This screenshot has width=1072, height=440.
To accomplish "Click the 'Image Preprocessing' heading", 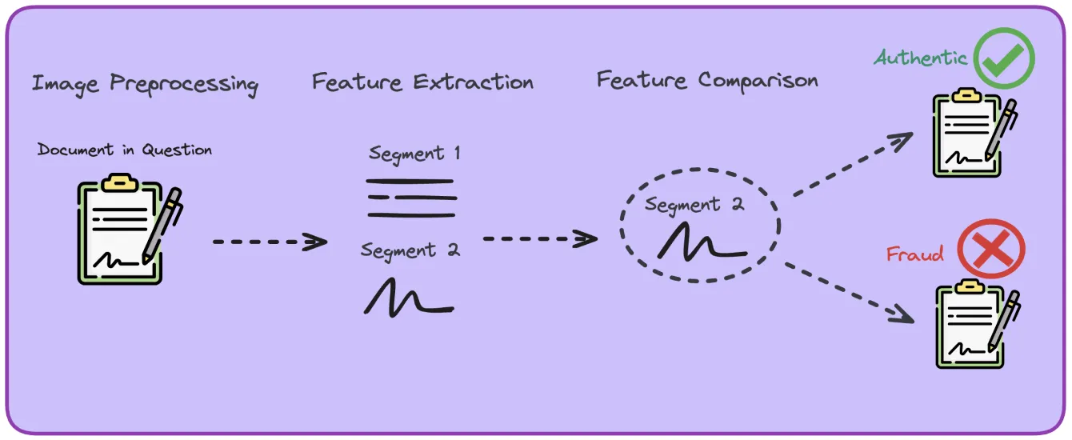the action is point(145,84).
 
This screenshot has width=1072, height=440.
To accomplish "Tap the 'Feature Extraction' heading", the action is point(422,82).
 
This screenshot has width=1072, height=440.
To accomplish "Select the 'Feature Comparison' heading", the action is point(707,80).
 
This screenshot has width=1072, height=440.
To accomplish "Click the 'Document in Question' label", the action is point(125,150).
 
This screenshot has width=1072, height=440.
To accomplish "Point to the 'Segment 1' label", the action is point(414,154).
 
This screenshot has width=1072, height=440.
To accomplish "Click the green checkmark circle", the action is point(1004,58).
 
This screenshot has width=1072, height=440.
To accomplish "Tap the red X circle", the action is point(991,249).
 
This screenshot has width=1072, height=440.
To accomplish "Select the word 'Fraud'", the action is point(915,254).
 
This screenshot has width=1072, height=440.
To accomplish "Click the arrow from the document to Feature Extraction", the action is point(270,242).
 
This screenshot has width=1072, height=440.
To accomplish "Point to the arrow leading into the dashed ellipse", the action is point(541,238).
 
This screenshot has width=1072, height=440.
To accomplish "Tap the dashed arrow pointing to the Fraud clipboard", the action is point(850,293).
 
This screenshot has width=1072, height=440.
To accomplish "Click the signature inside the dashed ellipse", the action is point(702,242).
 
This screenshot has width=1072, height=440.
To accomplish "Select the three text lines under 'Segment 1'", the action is point(411,198).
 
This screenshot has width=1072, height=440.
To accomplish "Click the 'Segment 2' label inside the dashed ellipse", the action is point(694,205).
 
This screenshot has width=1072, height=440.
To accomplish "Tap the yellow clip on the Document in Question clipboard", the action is point(120,182).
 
